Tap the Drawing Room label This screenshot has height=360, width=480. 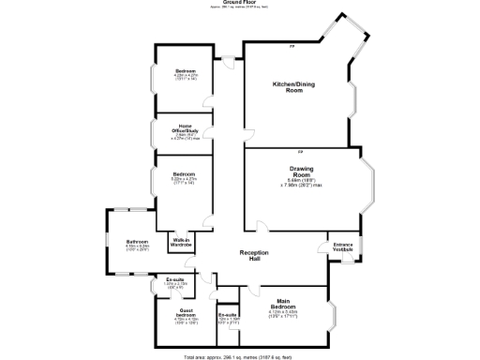[300, 172]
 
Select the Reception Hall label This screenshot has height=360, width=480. [254, 257]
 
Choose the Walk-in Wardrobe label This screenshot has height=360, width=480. [181, 244]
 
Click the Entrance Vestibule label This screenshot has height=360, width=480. [343, 247]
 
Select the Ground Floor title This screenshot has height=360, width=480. [241, 4]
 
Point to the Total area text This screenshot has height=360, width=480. [241, 356]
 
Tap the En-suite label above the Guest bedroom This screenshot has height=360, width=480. [174, 279]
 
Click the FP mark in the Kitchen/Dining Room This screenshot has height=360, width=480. [292, 46]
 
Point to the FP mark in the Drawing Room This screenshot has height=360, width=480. [300, 151]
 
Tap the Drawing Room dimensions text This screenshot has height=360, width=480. [300, 184]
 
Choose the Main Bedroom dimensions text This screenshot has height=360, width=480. [283, 316]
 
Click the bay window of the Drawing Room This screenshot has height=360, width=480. [368, 186]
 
